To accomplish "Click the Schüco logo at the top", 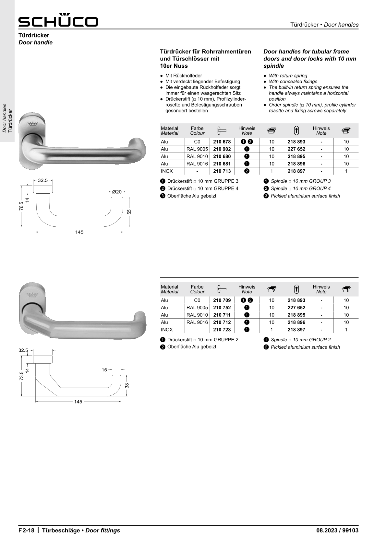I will tap(58, 20).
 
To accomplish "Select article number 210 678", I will tap(222, 142).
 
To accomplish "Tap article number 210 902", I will tap(222, 149).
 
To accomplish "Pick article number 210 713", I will tap(222, 171).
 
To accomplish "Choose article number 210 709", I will tap(222, 300).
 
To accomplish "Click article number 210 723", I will tap(222, 330).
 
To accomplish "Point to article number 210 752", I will tap(222, 308).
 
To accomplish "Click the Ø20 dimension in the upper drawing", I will tap(117, 192).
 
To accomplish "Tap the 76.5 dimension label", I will tap(21, 206).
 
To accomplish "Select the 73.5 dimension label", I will tap(21, 376).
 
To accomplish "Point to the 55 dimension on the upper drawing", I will tap(129, 212).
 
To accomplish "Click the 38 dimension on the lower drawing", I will tap(127, 385).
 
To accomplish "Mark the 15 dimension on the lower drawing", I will tap(104, 370).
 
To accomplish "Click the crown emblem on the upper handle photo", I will tap(33, 124).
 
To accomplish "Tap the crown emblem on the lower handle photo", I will tap(32, 295).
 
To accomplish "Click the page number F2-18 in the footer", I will tap(26, 530).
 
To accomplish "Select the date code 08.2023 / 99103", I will tap(337, 530).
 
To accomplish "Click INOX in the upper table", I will tap(167, 171).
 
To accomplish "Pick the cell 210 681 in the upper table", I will tap(222, 164).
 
